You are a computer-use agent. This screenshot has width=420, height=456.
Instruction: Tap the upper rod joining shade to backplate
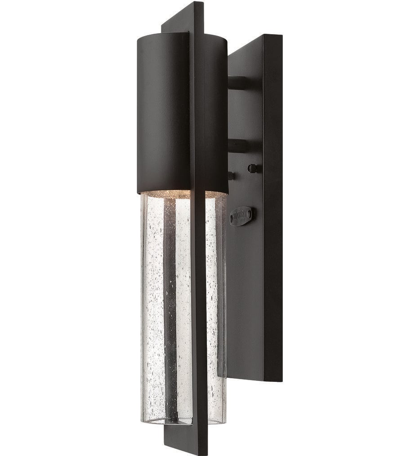[237, 82]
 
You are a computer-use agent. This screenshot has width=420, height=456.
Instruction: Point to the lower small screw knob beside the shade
[231, 176]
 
